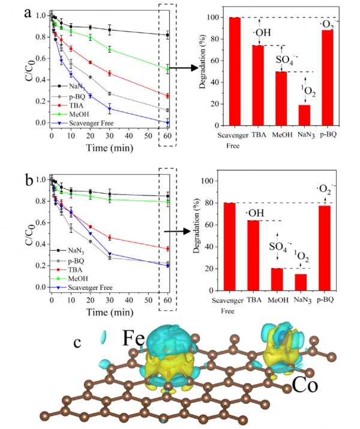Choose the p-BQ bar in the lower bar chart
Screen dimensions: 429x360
pyautogui.click(x=326, y=248)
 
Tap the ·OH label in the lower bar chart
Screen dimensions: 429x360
pyautogui.click(x=254, y=214)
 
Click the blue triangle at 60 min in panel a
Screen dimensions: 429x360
pyautogui.click(x=167, y=123)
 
